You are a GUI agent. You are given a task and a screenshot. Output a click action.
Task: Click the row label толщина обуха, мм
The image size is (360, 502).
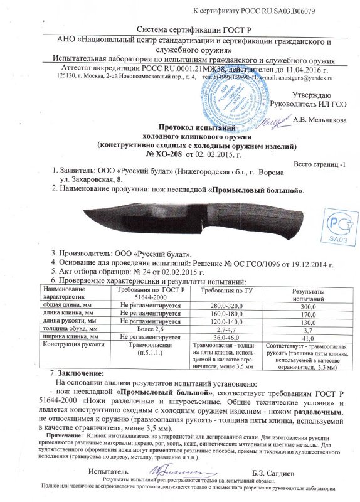68,328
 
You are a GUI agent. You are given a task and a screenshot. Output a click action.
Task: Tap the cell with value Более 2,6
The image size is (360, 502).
150,328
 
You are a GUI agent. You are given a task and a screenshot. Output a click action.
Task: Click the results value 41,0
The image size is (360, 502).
306,337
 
